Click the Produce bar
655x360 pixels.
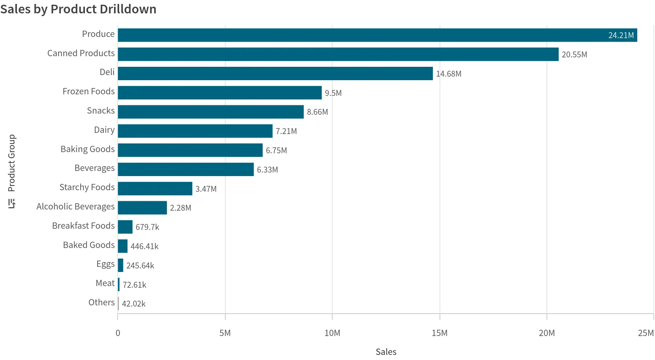(377, 35)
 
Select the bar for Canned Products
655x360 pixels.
(338, 54)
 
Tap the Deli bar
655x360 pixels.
(275, 73)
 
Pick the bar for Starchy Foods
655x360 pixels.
(155, 189)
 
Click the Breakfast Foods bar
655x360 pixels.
(125, 227)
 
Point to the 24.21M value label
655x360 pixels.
(621, 35)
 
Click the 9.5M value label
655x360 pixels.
(333, 93)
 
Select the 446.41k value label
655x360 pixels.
(144, 246)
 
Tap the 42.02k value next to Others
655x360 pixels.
(134, 304)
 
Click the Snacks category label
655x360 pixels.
(101, 111)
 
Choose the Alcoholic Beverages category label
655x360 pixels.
(75, 207)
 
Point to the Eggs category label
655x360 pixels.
(105, 264)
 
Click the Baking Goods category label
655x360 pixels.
(88, 149)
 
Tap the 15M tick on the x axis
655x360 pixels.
(440, 333)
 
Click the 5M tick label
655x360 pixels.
(225, 333)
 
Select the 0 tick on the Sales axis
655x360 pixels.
(118, 333)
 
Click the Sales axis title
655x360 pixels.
(386, 352)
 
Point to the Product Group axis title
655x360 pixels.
(12, 163)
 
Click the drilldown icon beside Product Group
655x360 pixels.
(12, 204)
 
